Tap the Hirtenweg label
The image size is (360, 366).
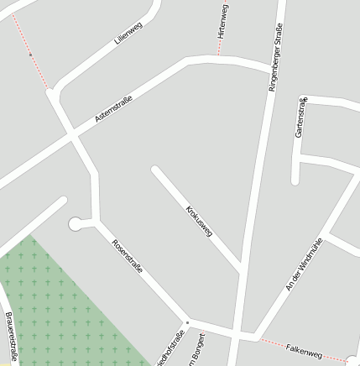pyautogui.click(x=222, y=21)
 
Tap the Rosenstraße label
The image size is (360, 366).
pyautogui.click(x=128, y=257)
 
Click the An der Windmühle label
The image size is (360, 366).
pyautogui.click(x=304, y=264)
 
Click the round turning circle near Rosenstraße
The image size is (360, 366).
pyautogui.click(x=76, y=223)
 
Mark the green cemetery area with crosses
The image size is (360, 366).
pyautogui.click(x=59, y=311)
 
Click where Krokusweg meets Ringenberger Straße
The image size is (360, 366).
pyautogui.click(x=241, y=271)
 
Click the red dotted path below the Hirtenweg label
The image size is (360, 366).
pyautogui.click(x=220, y=49)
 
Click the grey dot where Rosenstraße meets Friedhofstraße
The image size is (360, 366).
pyautogui.click(x=187, y=322)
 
